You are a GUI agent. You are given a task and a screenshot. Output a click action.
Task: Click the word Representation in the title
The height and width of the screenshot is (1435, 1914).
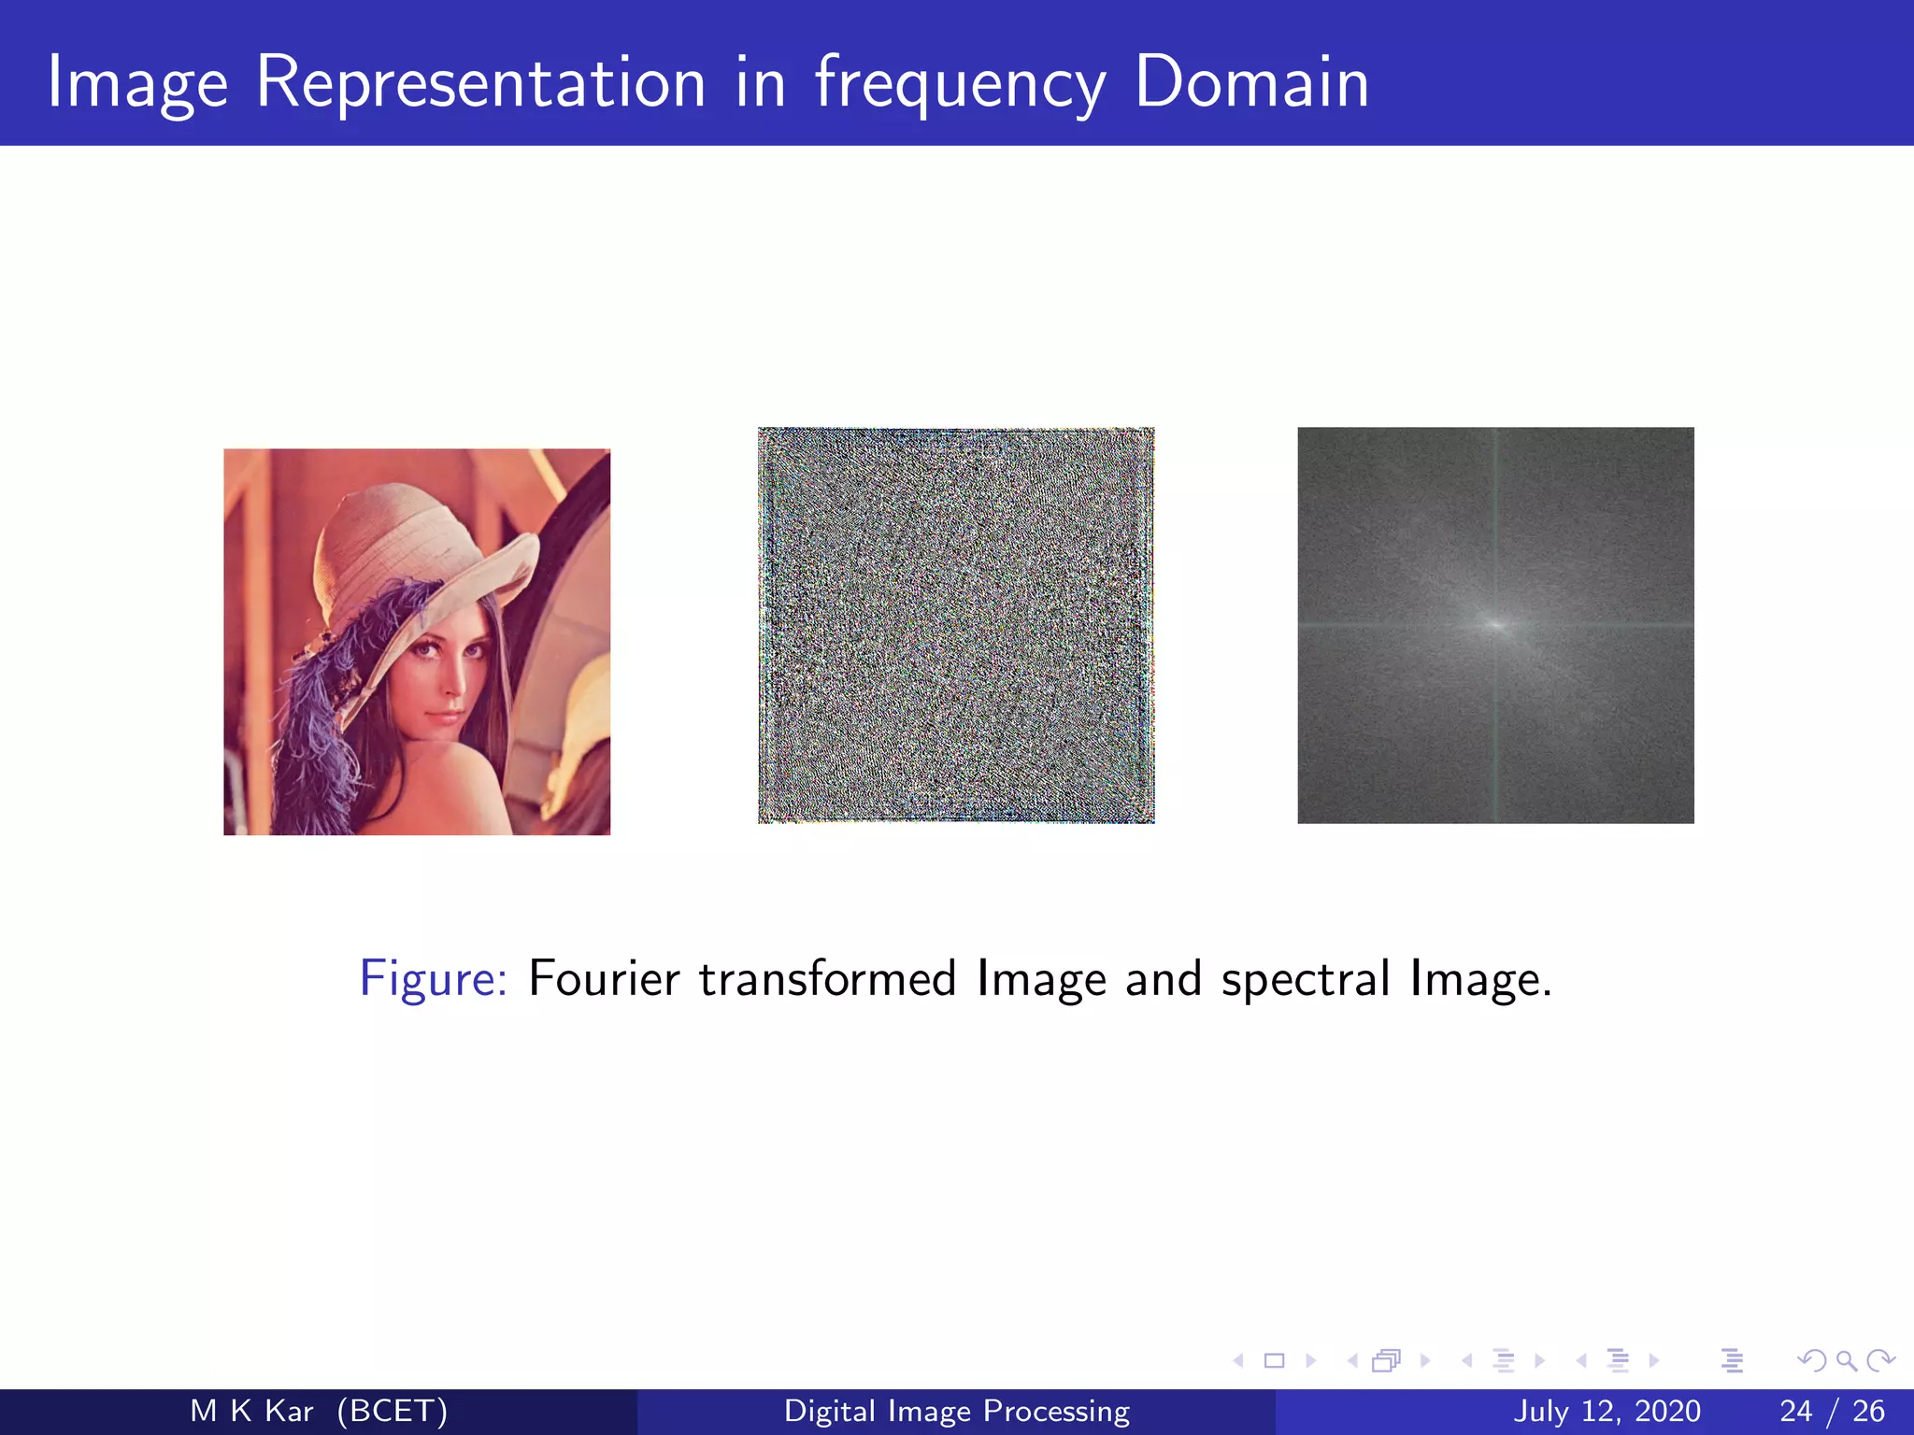480,84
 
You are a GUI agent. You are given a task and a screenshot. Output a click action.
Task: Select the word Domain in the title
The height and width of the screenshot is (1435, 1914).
1251,84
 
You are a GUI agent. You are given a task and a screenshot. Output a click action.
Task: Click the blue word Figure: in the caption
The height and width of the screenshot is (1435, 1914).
434,980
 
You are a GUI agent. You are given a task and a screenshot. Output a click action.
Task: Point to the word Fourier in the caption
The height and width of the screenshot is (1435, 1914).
604,979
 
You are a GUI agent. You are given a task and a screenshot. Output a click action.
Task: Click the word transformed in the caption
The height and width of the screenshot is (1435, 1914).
827,979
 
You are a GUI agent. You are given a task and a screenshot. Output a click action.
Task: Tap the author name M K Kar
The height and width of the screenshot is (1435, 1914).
250,1411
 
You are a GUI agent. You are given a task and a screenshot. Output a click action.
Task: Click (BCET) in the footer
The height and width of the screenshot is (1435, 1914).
393,1411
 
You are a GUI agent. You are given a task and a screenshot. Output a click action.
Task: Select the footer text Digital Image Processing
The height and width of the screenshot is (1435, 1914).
957,1411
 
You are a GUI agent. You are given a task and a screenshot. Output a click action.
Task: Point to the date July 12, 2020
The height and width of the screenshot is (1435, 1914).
1607,1411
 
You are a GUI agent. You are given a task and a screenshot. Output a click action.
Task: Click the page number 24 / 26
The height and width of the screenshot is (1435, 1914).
1832,1411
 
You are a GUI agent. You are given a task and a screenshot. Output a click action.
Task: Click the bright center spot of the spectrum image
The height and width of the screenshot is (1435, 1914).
1495,625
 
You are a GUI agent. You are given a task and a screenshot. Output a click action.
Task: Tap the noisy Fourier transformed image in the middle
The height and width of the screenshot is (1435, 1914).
956,625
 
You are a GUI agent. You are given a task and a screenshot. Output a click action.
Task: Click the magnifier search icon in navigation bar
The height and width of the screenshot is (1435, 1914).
1846,1360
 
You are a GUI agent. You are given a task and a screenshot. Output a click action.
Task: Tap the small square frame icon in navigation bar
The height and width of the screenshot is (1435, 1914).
1274,1360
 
